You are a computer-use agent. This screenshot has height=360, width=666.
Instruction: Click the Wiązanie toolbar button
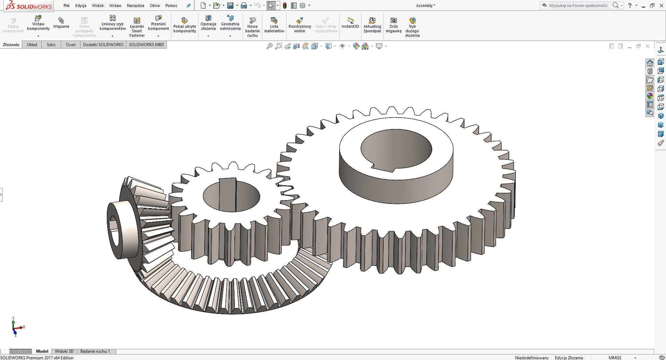[61, 23]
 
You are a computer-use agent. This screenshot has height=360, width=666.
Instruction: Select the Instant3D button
[350, 23]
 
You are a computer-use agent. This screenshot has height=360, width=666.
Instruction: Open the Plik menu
[67, 6]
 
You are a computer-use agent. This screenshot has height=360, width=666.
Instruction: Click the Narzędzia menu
[135, 6]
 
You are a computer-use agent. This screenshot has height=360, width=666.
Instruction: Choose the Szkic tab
[51, 45]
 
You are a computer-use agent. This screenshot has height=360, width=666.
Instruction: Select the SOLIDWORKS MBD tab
[146, 45]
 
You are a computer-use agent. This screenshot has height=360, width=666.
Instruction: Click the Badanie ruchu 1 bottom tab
[95, 351]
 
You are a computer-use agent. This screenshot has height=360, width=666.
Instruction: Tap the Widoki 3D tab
[64, 351]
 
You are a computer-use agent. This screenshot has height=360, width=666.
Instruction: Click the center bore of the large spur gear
[396, 149]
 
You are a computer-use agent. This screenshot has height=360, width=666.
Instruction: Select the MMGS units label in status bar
[615, 358]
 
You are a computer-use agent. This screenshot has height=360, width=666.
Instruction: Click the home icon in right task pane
[650, 63]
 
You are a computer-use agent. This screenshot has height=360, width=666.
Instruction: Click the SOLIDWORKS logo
[29, 6]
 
